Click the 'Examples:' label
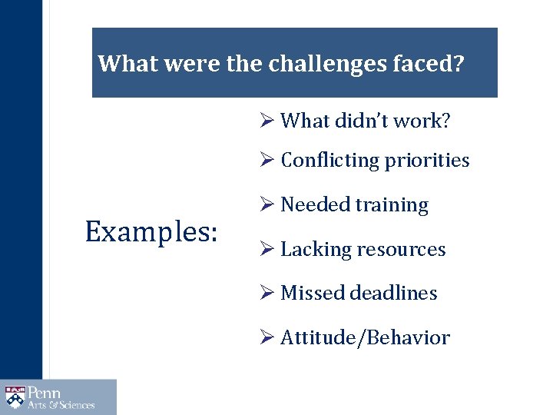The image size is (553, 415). click(151, 231)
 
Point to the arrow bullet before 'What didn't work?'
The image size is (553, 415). click(267, 121)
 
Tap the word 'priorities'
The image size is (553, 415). click(426, 161)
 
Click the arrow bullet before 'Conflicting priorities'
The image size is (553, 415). click(267, 161)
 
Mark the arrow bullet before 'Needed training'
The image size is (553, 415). click(267, 205)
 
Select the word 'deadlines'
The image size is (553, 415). click(393, 294)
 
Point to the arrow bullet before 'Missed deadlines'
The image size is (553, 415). click(267, 294)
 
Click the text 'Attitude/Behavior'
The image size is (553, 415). click(365, 338)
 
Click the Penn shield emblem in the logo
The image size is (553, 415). click(15, 397)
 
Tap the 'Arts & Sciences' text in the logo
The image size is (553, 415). click(61, 405)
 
